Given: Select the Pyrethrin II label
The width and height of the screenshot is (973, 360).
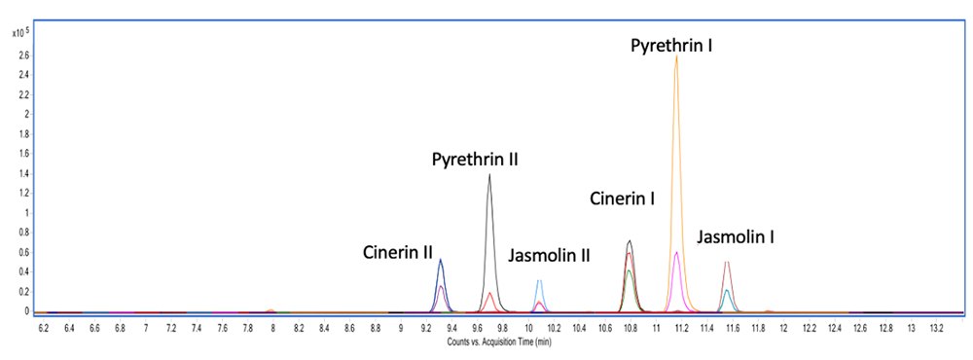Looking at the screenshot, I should point(475,159).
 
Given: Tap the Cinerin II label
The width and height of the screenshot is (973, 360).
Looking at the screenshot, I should point(398,253).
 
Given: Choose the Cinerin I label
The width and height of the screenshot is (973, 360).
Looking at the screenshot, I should point(622,198).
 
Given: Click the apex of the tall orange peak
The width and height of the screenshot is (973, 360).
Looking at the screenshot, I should point(676,56).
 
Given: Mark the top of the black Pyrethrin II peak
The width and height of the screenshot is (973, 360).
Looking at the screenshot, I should point(488,175).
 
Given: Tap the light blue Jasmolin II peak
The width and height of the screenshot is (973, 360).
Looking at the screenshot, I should point(539,281).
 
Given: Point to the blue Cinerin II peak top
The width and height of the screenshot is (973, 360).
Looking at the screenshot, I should point(441,260).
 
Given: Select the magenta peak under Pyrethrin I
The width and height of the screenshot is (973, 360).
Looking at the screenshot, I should point(676,253).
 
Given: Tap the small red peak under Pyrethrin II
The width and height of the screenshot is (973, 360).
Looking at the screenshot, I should point(489,293).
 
